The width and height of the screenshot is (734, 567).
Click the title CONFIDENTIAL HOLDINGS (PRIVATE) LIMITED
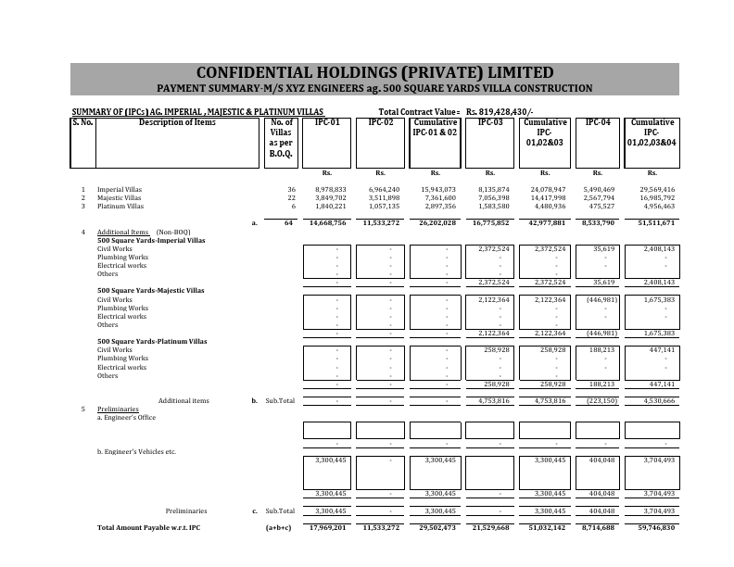[x=374, y=73]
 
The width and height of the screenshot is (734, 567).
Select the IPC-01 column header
[x=327, y=122]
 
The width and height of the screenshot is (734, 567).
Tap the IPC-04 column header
[x=598, y=122]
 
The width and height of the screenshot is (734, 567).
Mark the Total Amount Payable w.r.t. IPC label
[x=148, y=527]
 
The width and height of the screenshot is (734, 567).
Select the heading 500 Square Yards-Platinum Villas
[x=152, y=341]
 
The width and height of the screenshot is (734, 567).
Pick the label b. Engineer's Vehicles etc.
[x=136, y=451]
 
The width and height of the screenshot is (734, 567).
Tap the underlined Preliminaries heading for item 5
[x=118, y=409]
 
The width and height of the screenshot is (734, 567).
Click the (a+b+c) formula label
[x=279, y=527]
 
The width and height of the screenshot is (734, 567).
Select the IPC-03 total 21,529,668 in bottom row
[x=490, y=527]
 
